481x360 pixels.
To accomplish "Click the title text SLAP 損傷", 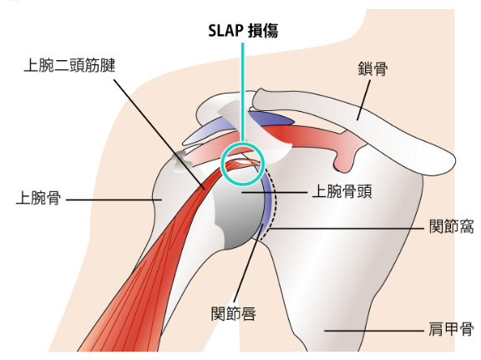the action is tap(243, 31).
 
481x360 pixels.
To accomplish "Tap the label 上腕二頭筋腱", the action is tap(69, 65).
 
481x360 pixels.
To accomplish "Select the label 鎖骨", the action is tap(372, 68).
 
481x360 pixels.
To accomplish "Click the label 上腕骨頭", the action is tap(342, 192).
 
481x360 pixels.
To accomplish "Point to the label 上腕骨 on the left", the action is tap(38, 198).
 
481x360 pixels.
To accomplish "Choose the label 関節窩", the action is tap(451, 227).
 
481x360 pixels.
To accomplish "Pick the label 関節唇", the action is tap(234, 314).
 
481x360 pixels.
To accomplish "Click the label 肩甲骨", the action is tap(451, 329).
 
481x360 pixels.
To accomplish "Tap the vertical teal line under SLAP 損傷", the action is tap(243, 92).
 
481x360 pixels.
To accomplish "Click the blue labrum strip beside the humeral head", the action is tap(267, 203).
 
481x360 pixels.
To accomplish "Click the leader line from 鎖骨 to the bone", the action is tap(363, 100).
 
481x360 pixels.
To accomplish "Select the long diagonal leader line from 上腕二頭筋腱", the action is tap(159, 134).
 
